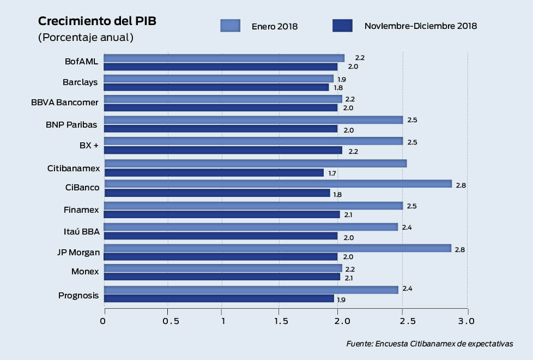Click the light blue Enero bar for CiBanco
pyautogui.click(x=278, y=184)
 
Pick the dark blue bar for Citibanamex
pyautogui.click(x=214, y=173)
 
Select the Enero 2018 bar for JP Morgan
pyautogui.click(x=278, y=248)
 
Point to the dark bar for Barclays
pyautogui.click(x=216, y=87)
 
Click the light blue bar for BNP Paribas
pyautogui.click(x=253, y=120)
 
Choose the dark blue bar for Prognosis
pyautogui.click(x=219, y=299)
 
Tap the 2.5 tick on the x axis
pyautogui.click(x=403, y=321)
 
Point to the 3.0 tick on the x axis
pyautogui.click(x=467, y=321)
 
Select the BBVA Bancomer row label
pyautogui.click(x=65, y=103)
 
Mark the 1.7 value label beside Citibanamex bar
pyautogui.click(x=332, y=173)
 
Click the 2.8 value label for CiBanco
pyautogui.click(x=461, y=185)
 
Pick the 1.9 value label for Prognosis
pyautogui.click(x=341, y=300)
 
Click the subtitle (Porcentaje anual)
pyautogui.click(x=86, y=38)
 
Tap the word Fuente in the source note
pyautogui.click(x=359, y=344)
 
